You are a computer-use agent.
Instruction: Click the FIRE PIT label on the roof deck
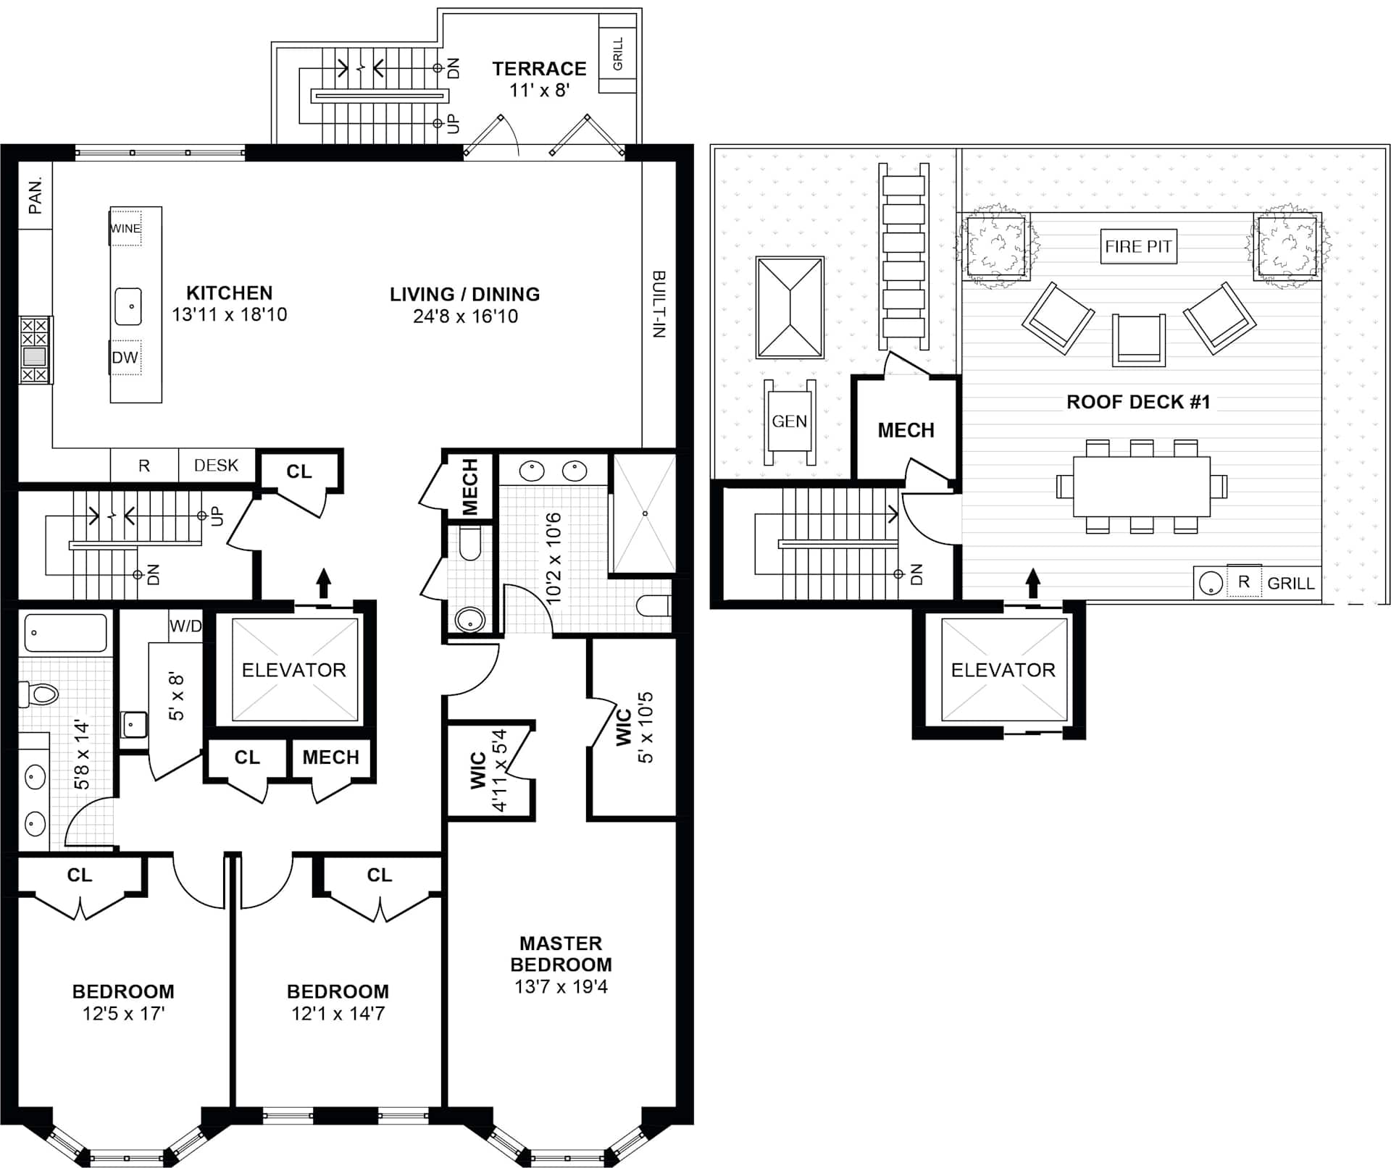point(1138,246)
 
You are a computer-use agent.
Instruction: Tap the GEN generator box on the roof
point(789,421)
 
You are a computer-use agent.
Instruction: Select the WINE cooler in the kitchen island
point(125,228)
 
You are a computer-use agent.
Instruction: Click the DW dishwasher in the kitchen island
point(125,357)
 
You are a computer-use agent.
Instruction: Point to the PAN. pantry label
point(35,196)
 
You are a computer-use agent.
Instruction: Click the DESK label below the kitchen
point(216,466)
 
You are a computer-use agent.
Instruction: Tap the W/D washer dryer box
point(185,626)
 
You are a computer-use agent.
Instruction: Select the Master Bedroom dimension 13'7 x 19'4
point(561,986)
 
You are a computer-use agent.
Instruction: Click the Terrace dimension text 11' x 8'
point(539,91)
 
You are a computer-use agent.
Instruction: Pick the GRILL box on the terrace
point(617,54)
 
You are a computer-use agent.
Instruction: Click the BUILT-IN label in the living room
point(659,304)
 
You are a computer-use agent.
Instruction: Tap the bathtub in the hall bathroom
point(66,633)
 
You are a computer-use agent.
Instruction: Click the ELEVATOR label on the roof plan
point(1003,670)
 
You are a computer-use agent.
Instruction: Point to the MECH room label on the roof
point(906,430)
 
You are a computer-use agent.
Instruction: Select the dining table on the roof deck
point(1142,486)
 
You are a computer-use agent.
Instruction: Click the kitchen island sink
point(128,306)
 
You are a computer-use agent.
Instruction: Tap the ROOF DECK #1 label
point(1138,402)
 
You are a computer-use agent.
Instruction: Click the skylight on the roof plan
point(790,308)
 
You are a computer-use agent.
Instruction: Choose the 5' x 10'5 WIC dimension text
point(645,727)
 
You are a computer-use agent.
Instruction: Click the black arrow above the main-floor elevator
point(323,583)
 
